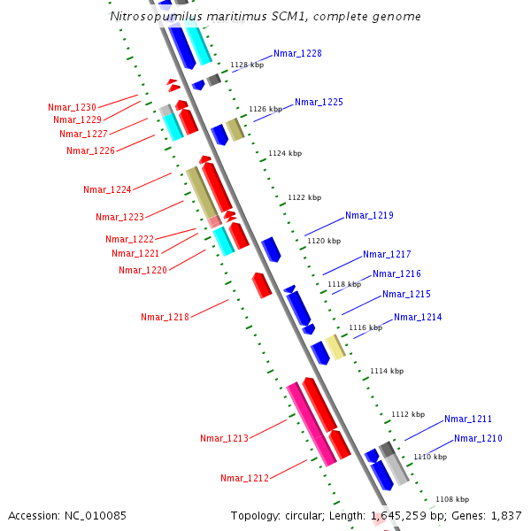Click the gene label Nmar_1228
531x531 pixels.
click(297, 54)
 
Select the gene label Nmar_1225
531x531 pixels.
click(319, 103)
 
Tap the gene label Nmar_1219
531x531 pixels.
click(369, 216)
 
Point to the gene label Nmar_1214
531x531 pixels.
click(418, 318)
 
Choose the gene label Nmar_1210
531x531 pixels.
click(478, 439)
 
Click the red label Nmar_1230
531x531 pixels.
click(73, 107)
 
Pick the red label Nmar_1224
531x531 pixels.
click(107, 190)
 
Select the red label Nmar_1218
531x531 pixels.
click(165, 317)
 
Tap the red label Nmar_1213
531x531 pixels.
click(224, 438)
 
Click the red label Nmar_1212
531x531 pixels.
click(244, 479)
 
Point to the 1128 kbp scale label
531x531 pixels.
click(247, 65)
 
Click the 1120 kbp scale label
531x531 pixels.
click(323, 241)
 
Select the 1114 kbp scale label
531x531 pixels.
click(387, 371)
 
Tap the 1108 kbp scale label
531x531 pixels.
click(451, 499)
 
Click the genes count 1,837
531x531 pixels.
click(505, 515)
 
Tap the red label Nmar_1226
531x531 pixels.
click(90, 150)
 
